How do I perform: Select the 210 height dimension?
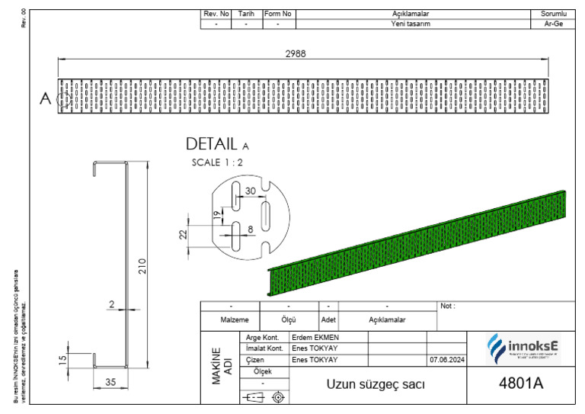(x=142, y=267)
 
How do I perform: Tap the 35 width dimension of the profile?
(x=111, y=383)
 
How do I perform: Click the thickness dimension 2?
(x=111, y=304)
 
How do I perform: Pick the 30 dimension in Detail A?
(x=251, y=191)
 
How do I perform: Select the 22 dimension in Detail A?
(x=184, y=235)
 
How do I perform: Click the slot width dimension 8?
(x=250, y=228)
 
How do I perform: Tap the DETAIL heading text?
(x=213, y=144)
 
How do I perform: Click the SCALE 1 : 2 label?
(x=218, y=162)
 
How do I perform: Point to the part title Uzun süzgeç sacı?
(x=376, y=384)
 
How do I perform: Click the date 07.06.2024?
(x=446, y=360)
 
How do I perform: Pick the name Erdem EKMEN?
(x=315, y=337)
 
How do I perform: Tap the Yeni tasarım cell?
(x=411, y=24)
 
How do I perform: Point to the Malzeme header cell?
(x=229, y=320)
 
